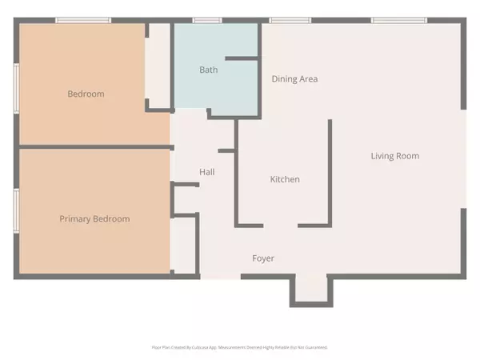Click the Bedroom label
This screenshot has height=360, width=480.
(86, 94)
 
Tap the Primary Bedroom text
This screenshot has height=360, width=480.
(94, 218)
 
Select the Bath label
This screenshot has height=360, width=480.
(208, 70)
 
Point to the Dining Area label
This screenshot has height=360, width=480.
(295, 78)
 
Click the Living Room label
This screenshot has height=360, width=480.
(394, 155)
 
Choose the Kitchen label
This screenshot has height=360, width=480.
(284, 179)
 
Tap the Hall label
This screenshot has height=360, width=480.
(206, 171)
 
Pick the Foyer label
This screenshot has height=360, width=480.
(263, 258)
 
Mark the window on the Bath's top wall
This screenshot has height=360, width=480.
(207, 20)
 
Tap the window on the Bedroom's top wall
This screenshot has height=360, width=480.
(78, 20)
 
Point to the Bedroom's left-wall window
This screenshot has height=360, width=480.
(16, 83)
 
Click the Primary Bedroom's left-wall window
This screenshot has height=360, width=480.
(16, 210)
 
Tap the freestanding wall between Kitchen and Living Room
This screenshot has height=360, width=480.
(330, 172)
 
